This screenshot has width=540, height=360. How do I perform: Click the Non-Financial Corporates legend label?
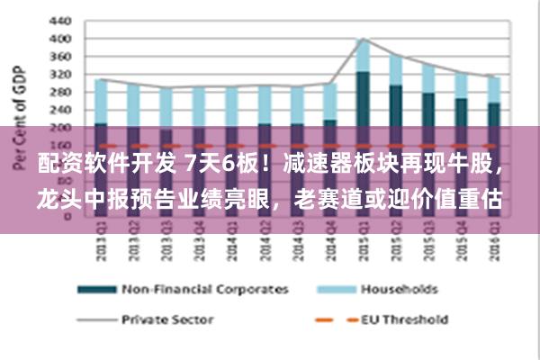(204, 290)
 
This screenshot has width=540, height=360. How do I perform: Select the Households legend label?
(399, 290)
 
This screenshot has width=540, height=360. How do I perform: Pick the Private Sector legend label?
(167, 319)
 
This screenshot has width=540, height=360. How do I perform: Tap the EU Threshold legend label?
(403, 319)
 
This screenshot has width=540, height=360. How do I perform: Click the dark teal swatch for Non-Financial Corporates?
(96, 290)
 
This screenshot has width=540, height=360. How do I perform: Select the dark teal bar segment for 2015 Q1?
(363, 99)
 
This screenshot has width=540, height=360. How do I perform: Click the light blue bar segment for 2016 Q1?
(493, 90)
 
